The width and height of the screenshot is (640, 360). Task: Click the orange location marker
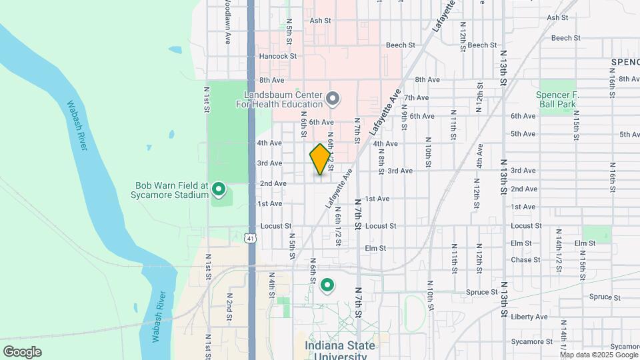(x=320, y=159)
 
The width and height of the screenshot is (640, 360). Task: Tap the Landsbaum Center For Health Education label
(x=283, y=100)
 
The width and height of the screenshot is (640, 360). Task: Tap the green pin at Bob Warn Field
(x=218, y=191)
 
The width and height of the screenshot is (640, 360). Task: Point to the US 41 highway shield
(x=250, y=237)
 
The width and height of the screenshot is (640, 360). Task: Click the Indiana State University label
(x=340, y=350)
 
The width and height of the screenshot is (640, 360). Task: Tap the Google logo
(x=22, y=351)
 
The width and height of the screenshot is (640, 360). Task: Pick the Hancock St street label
(x=277, y=56)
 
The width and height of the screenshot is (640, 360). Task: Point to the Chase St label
(x=525, y=260)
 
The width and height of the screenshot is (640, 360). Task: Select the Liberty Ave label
(x=529, y=317)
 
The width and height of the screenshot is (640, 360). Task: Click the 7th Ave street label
(x=416, y=97)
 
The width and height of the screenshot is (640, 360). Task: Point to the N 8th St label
(x=381, y=161)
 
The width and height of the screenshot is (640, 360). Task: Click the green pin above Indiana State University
(x=327, y=286)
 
